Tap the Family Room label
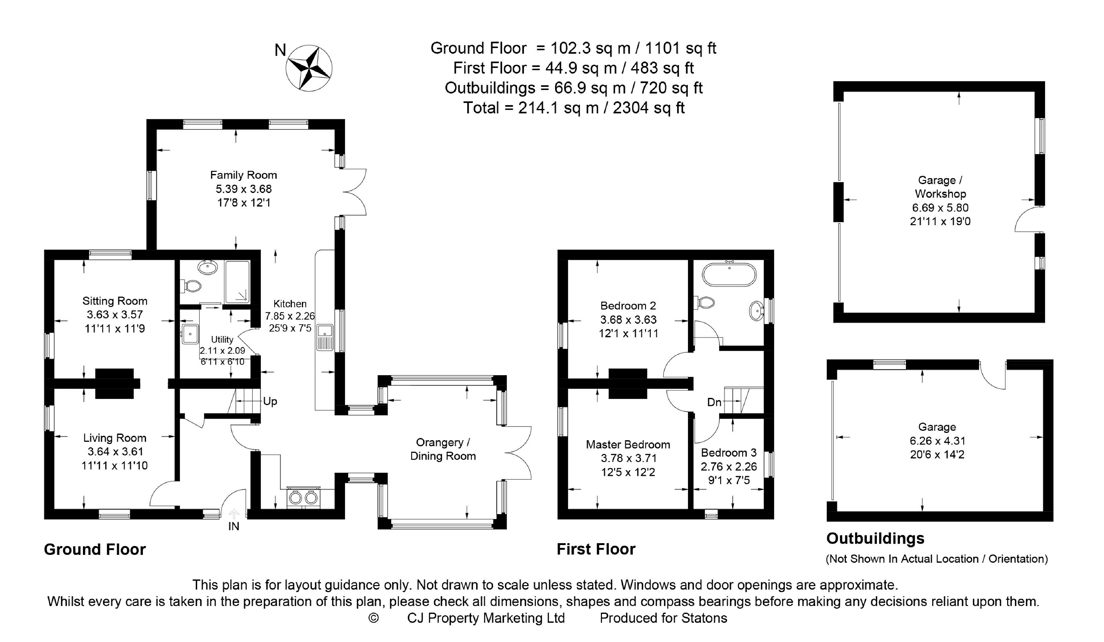[244, 175]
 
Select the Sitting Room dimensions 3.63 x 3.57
[115, 315]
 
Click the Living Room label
[115, 438]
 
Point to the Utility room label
[222, 339]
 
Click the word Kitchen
[290, 303]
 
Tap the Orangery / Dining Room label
[443, 449]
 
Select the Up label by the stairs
[270, 401]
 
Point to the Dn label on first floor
[714, 402]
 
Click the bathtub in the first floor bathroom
[729, 274]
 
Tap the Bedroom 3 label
[729, 453]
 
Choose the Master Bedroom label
[628, 444]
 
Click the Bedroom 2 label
[628, 305]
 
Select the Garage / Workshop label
[940, 187]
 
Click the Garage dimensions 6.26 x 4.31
[937, 441]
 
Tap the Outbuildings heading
[875, 538]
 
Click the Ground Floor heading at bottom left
[95, 549]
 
